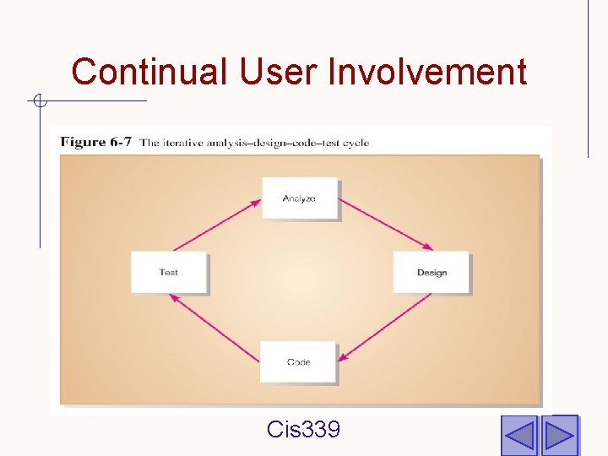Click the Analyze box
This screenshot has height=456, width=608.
coord(299,198)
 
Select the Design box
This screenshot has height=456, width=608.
coord(431,272)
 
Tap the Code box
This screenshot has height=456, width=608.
coord(298,361)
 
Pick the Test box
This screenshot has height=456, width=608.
coord(168,272)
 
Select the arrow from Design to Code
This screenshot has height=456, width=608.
coord(389,325)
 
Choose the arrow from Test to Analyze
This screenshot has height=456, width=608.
coord(214,224)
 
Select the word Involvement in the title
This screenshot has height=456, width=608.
coord(427,72)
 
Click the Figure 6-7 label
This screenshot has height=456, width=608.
coord(95,142)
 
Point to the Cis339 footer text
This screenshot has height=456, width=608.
coord(303,430)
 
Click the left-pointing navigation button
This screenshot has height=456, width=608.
coord(518,436)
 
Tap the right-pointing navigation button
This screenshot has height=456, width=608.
coord(558,436)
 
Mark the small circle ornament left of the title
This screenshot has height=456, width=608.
coord(39,102)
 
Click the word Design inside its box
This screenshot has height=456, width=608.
coord(432,273)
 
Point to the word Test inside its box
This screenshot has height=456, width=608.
coord(168,273)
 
